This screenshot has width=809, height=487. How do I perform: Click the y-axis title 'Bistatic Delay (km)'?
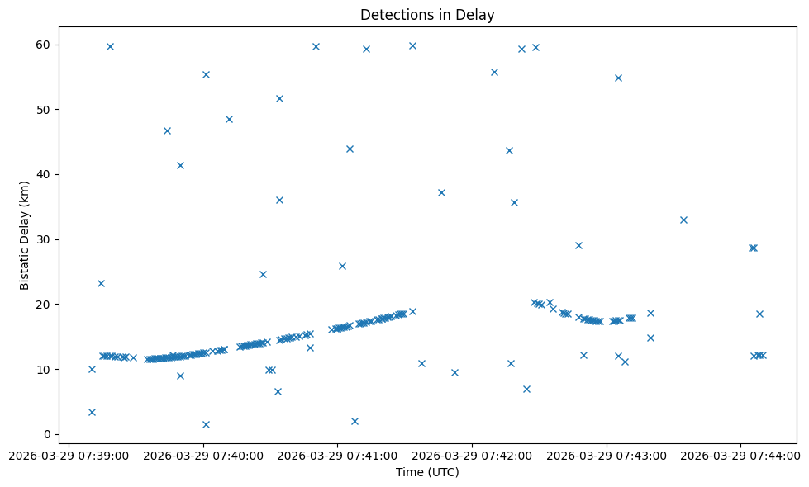click(x=25, y=235)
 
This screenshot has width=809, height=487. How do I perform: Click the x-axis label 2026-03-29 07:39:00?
click(x=69, y=455)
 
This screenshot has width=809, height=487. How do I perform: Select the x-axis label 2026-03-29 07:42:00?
click(x=473, y=455)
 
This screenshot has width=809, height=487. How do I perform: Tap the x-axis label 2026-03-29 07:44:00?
click(x=740, y=455)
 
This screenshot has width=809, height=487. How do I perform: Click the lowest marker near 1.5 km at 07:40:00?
click(x=206, y=424)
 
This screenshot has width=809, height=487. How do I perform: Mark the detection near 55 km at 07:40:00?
click(x=206, y=74)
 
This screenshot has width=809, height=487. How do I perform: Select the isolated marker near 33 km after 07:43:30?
click(x=683, y=220)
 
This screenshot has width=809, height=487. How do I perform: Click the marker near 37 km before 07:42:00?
click(x=441, y=192)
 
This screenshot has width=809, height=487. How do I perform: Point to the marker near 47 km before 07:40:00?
click(x=167, y=130)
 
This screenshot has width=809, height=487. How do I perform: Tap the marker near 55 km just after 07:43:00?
click(x=618, y=78)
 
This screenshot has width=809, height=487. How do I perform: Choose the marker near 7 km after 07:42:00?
click(x=526, y=389)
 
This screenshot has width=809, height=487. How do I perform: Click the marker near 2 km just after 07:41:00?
click(x=355, y=421)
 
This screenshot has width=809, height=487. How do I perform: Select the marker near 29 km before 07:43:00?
click(x=578, y=245)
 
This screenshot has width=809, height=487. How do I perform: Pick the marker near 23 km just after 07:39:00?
click(x=101, y=283)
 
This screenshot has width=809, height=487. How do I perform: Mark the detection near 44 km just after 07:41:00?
click(x=350, y=149)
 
